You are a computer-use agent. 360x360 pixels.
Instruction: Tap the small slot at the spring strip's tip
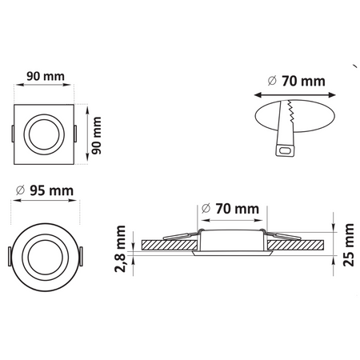285,149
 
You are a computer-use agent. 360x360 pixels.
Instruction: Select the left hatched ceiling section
168,244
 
